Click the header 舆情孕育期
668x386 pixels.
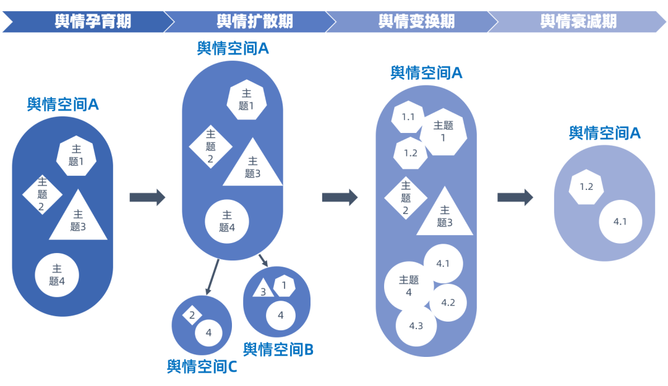tap(93, 22)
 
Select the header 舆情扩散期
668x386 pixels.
tap(254, 22)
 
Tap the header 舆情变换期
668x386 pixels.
tap(416, 22)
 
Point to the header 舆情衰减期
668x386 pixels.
tap(578, 22)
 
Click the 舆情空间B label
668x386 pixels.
tap(278, 350)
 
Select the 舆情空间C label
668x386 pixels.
tap(202, 366)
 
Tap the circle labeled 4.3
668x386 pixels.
tap(416, 325)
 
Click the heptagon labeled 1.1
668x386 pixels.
tap(408, 117)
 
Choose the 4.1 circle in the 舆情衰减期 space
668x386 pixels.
tap(620, 221)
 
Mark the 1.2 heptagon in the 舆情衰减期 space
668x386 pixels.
tap(586, 187)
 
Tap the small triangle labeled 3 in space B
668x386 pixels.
tap(262, 290)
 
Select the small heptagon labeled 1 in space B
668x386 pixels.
tap(284, 286)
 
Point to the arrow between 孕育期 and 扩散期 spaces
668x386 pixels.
tap(147, 197)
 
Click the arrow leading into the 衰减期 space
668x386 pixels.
tap(515, 197)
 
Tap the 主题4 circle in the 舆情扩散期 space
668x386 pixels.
tap(227, 221)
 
